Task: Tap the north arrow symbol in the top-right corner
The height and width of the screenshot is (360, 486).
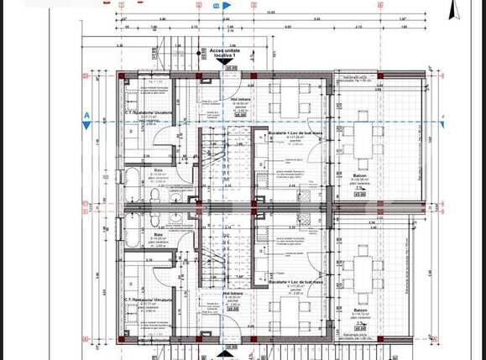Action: point(457,11)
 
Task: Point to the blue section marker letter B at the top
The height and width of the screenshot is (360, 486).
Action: point(217,6)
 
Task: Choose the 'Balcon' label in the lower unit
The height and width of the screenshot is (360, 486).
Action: point(358,310)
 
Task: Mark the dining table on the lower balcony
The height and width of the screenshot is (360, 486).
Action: point(364,277)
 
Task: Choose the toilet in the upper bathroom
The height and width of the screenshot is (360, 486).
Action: point(157,192)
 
